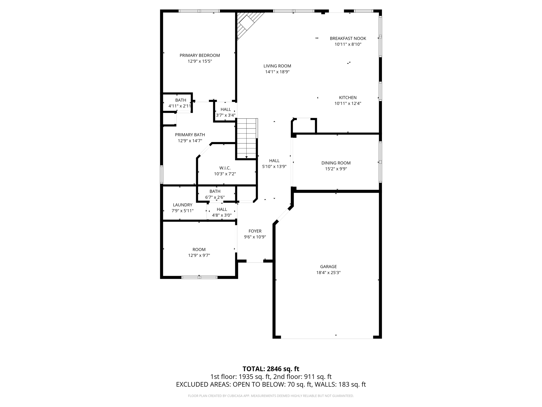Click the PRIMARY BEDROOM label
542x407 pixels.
tap(200, 55)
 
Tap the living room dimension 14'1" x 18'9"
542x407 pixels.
tap(277, 72)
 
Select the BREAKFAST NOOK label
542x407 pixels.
tap(348, 38)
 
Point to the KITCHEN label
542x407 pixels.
tap(348, 98)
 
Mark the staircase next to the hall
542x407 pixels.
tap(247, 138)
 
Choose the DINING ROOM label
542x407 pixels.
tap(336, 163)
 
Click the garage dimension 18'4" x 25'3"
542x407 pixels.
tap(328, 272)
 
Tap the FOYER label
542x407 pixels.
tap(255, 231)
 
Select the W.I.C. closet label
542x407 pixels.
tap(225, 168)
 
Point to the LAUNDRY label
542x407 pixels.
tap(182, 205)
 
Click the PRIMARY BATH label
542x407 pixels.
tap(190, 135)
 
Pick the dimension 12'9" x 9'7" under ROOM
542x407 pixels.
tap(199, 255)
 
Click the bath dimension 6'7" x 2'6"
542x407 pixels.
tap(215, 197)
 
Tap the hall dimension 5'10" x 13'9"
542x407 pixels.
tap(274, 166)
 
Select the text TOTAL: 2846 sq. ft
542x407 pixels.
tap(271, 369)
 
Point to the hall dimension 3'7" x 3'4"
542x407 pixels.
tap(225, 115)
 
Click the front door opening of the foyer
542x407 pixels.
tap(255, 261)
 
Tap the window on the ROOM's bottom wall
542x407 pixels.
tap(199, 277)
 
